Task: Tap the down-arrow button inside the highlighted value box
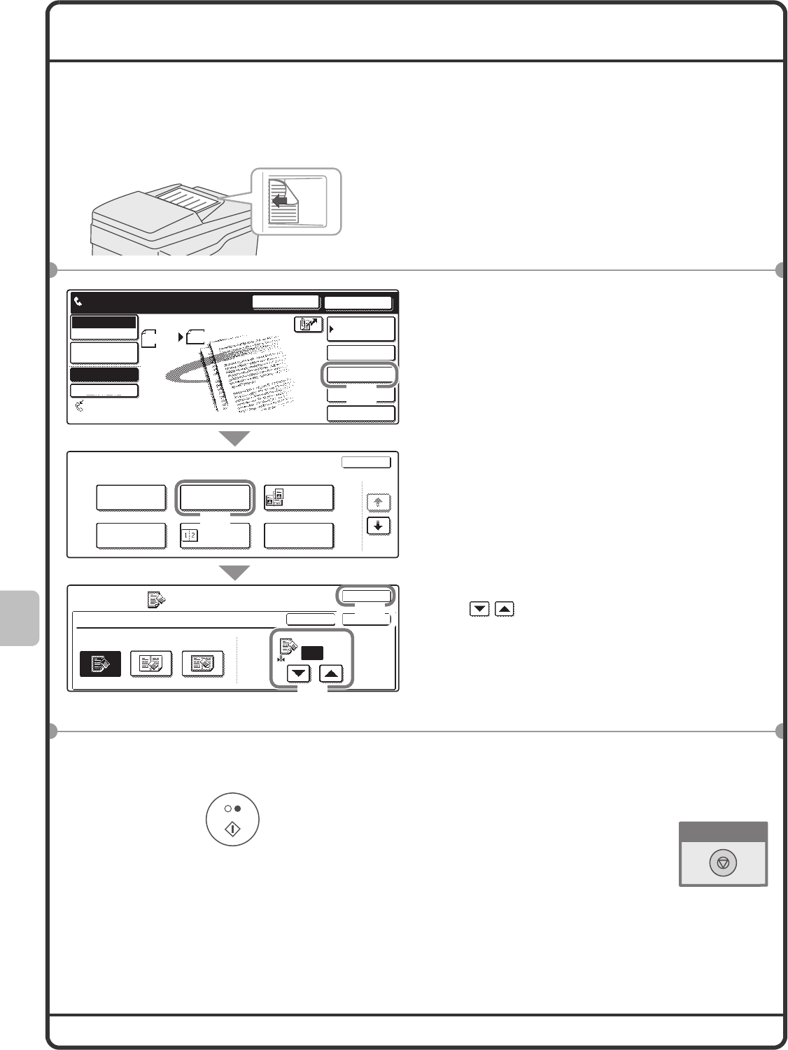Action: coord(300,674)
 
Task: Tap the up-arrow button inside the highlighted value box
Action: coord(331,674)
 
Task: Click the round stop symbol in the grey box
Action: coord(723,864)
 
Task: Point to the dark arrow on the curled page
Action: coord(281,202)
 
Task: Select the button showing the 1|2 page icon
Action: coord(214,536)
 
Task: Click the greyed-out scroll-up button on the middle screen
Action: coord(379,502)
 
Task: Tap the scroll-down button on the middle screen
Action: coord(379,526)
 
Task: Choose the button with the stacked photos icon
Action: coord(299,498)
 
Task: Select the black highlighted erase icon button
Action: coord(100,664)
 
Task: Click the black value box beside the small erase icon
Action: coord(312,653)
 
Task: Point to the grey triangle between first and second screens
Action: coord(234,439)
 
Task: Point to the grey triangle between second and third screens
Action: coord(234,573)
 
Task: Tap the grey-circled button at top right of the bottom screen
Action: coord(365,596)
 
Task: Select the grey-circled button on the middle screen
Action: coord(214,498)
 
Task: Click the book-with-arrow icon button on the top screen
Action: coord(308,325)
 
